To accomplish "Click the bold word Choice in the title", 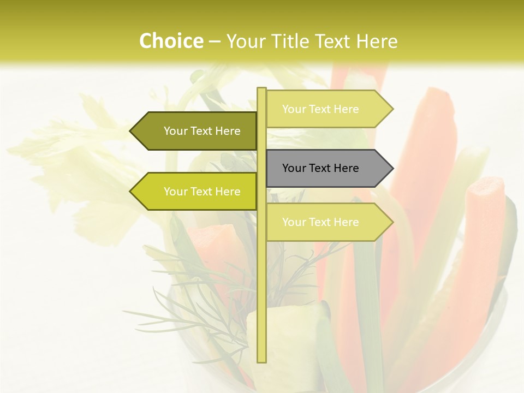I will click(x=171, y=41).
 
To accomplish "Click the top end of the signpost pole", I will click(x=261, y=90).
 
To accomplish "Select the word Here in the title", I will click(x=376, y=41).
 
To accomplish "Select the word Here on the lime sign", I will click(x=228, y=192).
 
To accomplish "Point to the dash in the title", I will click(x=215, y=41).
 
